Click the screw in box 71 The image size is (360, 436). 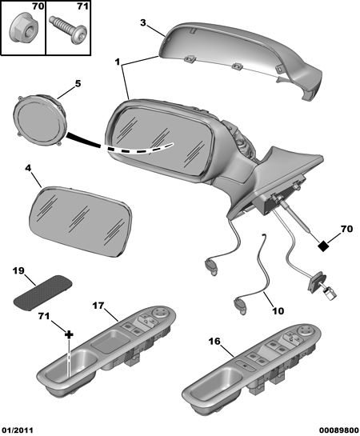tap(68, 30)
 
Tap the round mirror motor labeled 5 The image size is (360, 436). tap(39, 121)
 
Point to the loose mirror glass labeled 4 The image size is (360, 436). tap(80, 221)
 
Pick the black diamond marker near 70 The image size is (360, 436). tap(323, 246)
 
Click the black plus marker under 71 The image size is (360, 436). tap(69, 334)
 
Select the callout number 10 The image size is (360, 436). tap(277, 311)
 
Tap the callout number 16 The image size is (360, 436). tap(214, 341)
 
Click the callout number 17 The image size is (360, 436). tap(98, 306)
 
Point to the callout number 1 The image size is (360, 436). tap(118, 62)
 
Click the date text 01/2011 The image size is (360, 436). tap(17, 430)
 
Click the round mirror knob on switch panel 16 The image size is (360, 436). tap(305, 331)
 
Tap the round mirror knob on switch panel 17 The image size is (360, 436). tap(160, 314)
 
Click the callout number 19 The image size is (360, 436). tap(19, 270)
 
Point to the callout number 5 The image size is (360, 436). tap(78, 83)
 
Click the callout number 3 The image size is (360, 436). tap(142, 22)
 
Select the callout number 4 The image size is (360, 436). tap(28, 168)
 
